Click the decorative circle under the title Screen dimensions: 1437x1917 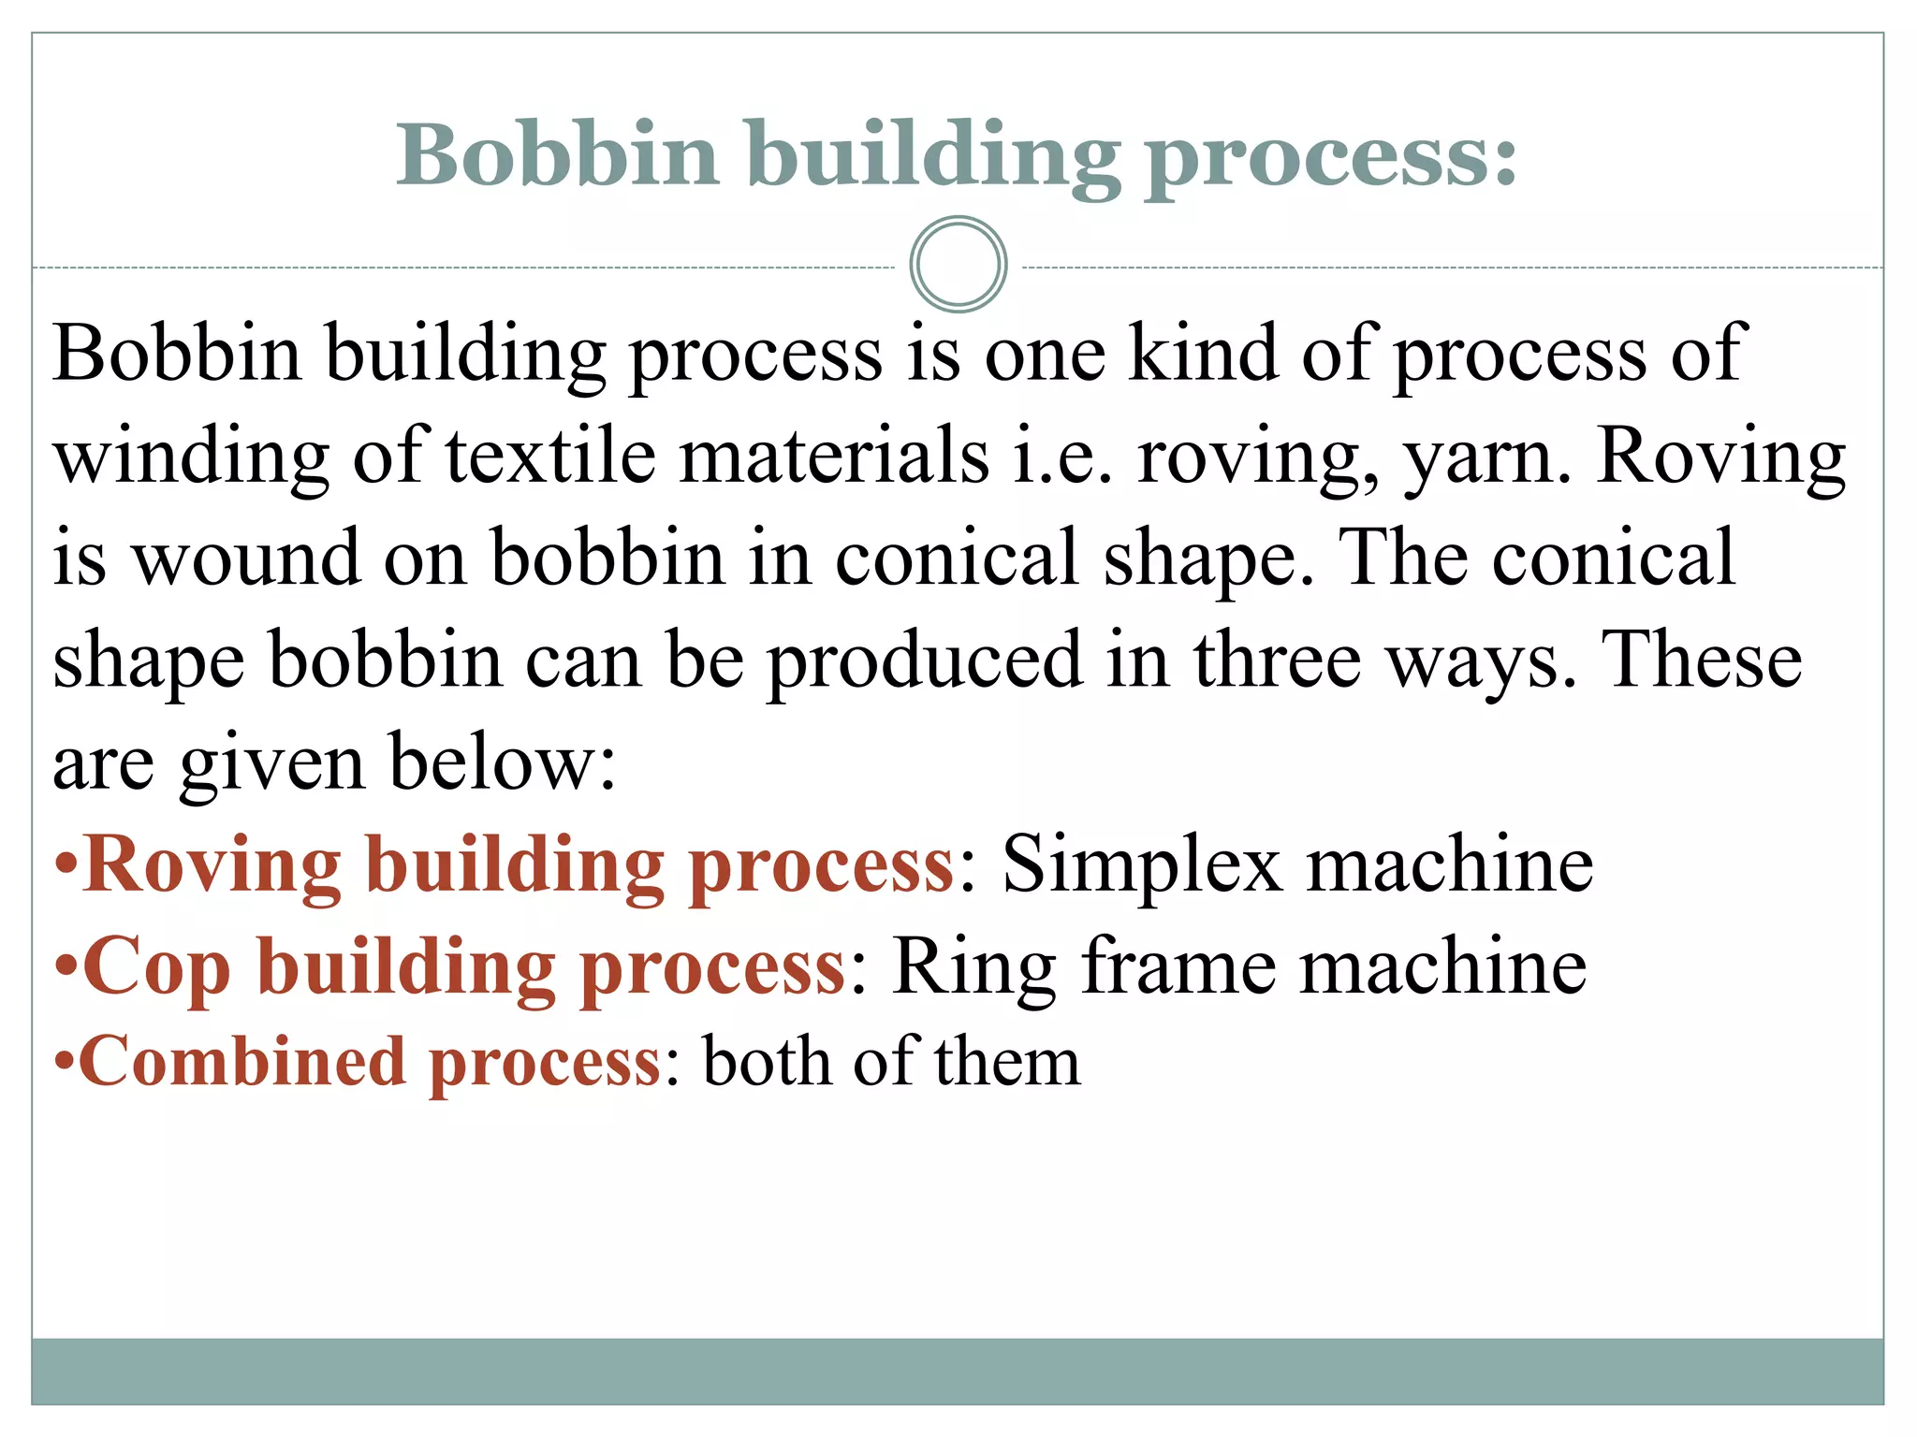pyautogui.click(x=958, y=264)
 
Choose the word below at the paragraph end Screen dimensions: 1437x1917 pyautogui.click(x=502, y=762)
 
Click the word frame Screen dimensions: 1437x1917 pyautogui.click(x=1179, y=965)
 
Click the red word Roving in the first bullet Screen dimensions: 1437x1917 pyautogui.click(x=212, y=865)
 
